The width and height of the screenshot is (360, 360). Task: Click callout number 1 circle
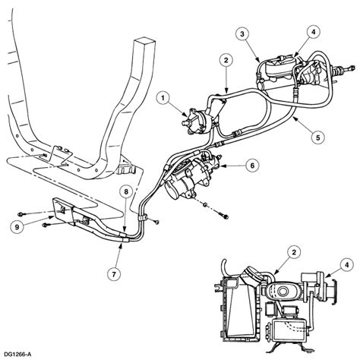coord(163,98)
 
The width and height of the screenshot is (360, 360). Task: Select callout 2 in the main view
coord(226,60)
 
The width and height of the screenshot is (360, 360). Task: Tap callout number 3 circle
coord(242,34)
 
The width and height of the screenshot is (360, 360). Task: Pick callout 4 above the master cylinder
coord(314,32)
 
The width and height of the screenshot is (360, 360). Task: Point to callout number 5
coord(318,137)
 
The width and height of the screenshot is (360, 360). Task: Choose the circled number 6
coord(252,166)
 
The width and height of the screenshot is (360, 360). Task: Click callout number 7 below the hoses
coord(114,273)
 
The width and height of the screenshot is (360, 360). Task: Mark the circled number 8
coord(126,192)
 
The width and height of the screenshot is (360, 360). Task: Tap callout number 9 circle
coord(17,227)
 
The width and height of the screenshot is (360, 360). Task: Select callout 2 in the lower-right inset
coord(294,252)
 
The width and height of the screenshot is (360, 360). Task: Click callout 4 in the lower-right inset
coord(346,265)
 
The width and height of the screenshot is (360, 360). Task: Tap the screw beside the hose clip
coord(157,222)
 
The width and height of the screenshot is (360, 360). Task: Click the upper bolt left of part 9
coord(22,214)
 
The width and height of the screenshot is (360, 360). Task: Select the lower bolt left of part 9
coord(46,225)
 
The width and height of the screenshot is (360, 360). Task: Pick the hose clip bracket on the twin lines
coord(142,218)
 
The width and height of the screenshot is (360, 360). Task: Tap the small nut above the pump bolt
coord(206,204)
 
